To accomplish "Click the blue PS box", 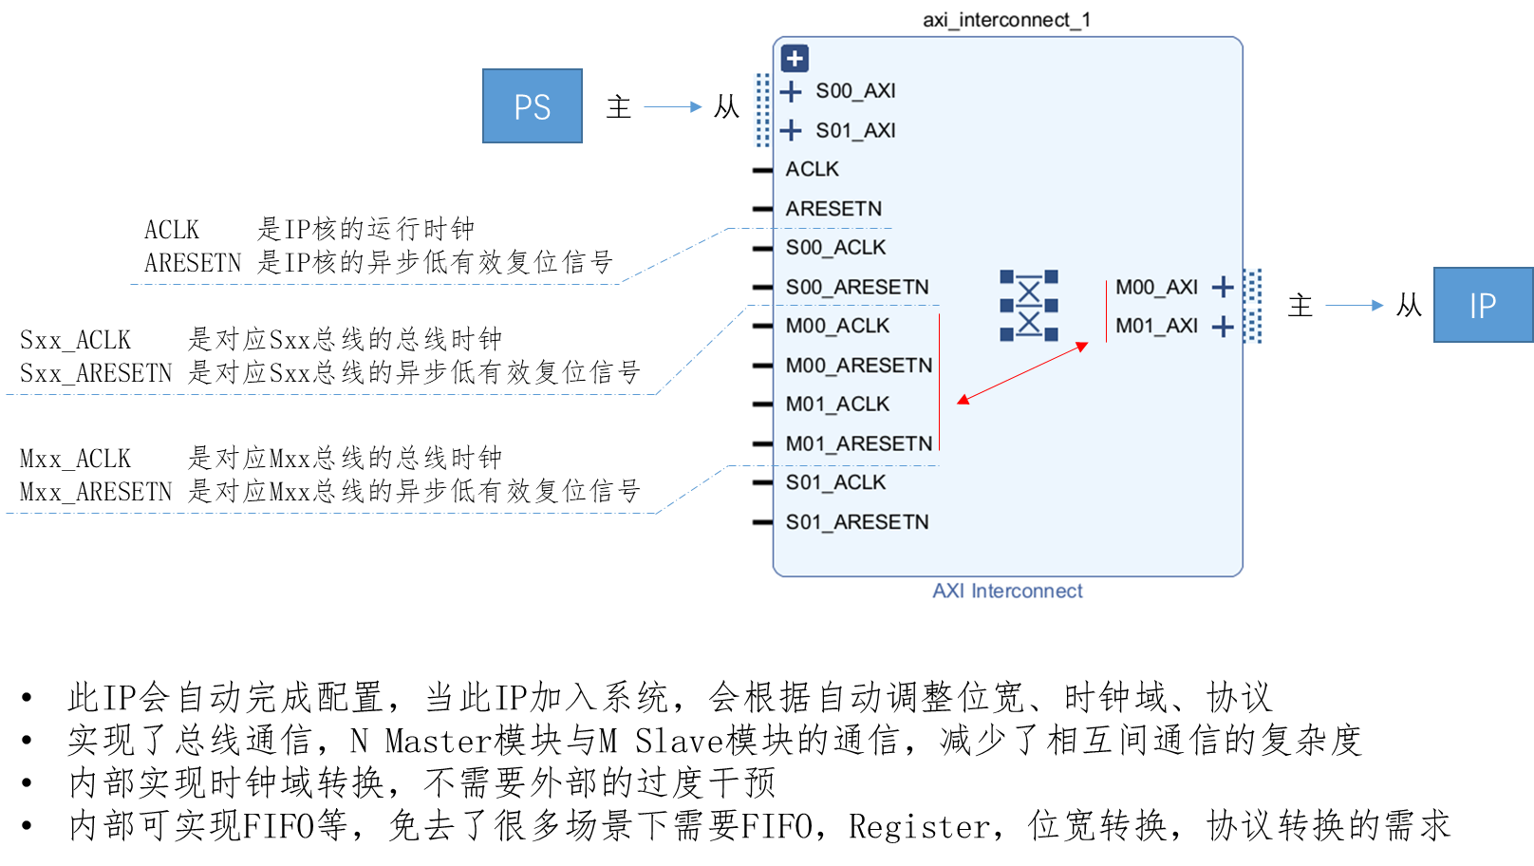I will (x=532, y=106).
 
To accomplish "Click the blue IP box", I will (x=1482, y=305).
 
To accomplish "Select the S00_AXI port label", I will (x=855, y=91).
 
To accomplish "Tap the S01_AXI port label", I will (x=855, y=130).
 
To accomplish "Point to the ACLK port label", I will (x=813, y=169).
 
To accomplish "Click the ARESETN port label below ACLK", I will (x=833, y=209).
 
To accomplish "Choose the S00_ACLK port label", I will (x=835, y=248).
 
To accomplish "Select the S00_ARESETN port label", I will (x=857, y=287).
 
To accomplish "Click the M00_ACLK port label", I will (x=837, y=326).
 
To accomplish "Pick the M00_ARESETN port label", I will (x=859, y=366).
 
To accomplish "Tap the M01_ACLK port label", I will (x=837, y=405).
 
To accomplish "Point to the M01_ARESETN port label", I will (x=859, y=443).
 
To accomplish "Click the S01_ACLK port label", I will (x=835, y=482).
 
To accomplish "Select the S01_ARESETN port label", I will (x=857, y=522).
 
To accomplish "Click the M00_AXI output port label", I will (x=1156, y=287).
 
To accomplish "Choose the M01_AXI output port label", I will (x=1156, y=326).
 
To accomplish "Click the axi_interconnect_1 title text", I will (x=1006, y=20).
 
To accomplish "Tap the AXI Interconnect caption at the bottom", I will (x=1007, y=591).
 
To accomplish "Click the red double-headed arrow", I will (x=1022, y=373).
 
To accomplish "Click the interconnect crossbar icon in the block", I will (x=1028, y=306).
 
